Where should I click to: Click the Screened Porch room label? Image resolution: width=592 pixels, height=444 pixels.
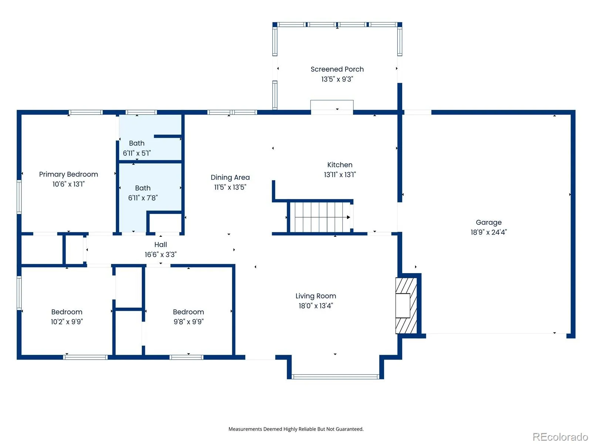point(337,69)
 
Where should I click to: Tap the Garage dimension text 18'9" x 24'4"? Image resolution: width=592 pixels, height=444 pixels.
point(488,232)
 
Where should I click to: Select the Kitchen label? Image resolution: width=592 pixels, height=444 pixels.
point(340,165)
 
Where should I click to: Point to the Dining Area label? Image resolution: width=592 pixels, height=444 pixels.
point(230,177)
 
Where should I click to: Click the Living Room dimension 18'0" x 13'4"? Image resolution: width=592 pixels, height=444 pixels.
point(316,306)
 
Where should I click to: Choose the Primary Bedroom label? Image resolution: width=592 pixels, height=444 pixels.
point(68,174)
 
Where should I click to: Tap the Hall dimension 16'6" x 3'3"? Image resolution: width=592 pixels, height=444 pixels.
point(161,255)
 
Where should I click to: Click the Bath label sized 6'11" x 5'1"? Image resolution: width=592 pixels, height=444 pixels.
point(137,143)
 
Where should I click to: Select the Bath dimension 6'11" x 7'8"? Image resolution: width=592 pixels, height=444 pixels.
point(143,198)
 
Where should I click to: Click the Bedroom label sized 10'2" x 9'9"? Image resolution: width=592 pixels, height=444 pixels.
point(67,312)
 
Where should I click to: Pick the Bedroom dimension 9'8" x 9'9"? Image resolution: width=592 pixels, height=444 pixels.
point(188,322)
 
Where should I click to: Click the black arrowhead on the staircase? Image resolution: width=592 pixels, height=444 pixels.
point(349,217)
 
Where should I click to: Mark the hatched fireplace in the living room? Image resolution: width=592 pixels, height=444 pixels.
point(406,306)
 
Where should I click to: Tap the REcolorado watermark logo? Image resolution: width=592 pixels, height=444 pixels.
point(560,437)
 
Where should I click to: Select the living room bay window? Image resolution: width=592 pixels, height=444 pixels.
point(336,377)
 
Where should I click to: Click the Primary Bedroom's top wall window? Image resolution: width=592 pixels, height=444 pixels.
point(85,112)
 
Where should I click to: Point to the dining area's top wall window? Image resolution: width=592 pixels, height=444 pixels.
point(232,112)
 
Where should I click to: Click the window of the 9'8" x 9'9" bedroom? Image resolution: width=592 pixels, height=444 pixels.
point(186,357)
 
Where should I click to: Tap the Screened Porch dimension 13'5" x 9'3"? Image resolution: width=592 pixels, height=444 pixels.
point(337,79)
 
